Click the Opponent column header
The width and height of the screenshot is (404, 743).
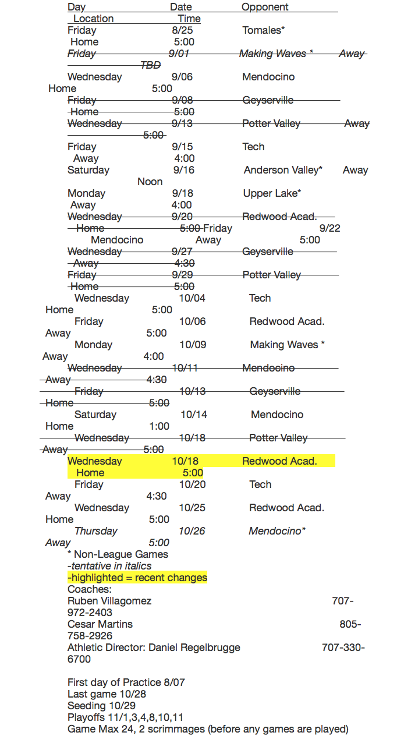(x=265, y=7)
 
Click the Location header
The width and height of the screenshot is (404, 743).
(x=93, y=19)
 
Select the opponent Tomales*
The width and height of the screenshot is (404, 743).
(x=263, y=30)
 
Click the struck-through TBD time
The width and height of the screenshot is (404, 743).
(x=150, y=65)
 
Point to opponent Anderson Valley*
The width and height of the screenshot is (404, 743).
(x=283, y=170)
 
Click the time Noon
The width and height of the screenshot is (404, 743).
(x=150, y=182)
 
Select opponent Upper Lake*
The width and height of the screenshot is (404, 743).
(x=272, y=193)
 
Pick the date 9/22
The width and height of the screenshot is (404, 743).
(x=329, y=228)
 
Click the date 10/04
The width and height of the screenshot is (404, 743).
(x=192, y=298)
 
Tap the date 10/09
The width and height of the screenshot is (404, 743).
(x=193, y=345)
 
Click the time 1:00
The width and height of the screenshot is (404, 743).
(x=159, y=426)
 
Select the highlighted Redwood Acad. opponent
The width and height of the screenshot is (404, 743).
(x=279, y=461)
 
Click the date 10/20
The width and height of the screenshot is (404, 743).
(x=192, y=484)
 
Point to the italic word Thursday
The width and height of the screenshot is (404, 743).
(x=95, y=531)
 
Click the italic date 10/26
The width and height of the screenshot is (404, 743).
(x=192, y=531)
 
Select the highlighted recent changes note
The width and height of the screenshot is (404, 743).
(x=137, y=578)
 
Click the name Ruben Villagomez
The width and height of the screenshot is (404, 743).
(x=109, y=601)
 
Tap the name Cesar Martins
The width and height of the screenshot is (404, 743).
(x=100, y=624)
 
